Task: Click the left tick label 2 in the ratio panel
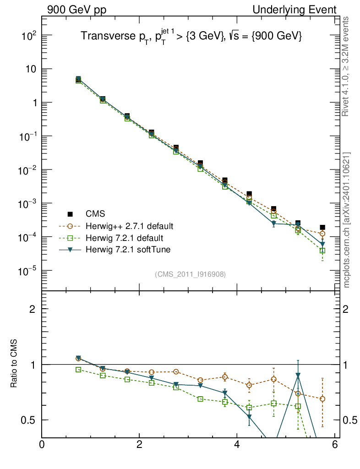[x=33, y=309]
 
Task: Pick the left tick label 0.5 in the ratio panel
[x=28, y=420]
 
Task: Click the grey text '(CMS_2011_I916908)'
[x=190, y=274]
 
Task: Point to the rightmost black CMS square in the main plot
[x=322, y=227]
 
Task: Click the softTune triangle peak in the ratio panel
[x=298, y=376]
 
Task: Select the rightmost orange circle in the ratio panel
[x=322, y=399]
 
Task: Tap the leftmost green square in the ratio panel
[x=78, y=369]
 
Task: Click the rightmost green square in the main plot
[x=322, y=251]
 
